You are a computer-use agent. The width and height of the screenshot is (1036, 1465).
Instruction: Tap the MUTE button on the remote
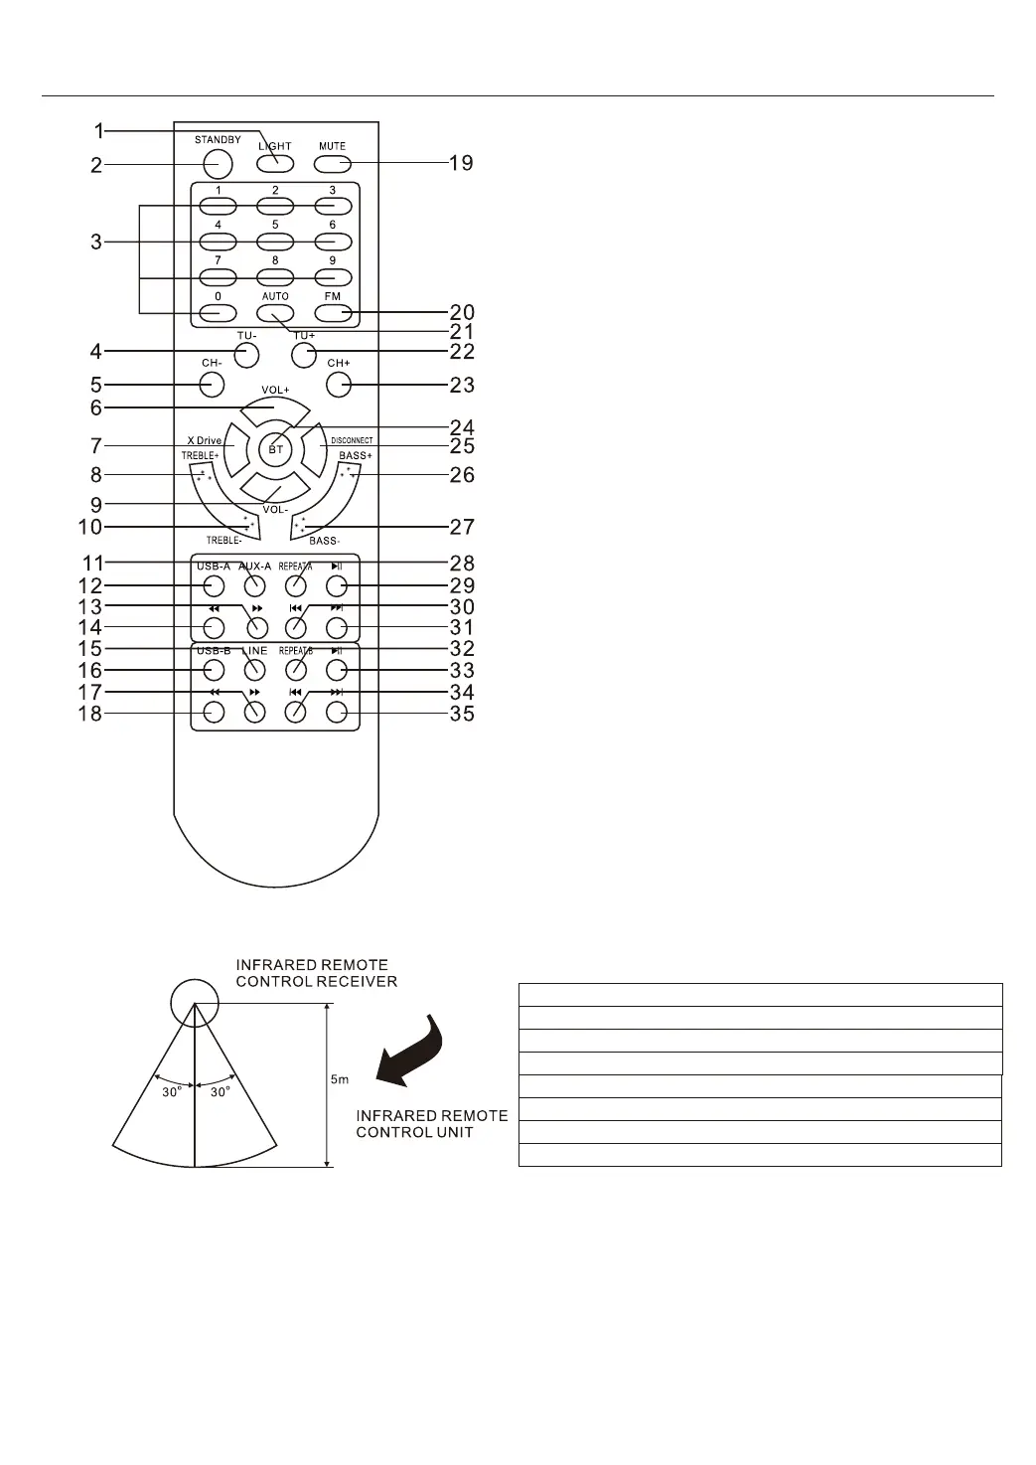click(x=332, y=162)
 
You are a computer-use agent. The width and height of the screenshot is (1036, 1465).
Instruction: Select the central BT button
click(x=276, y=449)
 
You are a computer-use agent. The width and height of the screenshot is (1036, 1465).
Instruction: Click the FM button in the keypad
click(x=333, y=313)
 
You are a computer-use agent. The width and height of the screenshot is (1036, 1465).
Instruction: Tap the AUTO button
click(x=275, y=313)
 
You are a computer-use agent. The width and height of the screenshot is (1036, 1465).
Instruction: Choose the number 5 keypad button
click(x=275, y=242)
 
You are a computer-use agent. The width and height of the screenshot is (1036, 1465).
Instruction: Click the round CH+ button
click(x=339, y=385)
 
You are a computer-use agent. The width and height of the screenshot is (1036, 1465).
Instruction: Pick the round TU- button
click(x=247, y=353)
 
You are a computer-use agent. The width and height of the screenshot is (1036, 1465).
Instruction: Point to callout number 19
click(x=461, y=162)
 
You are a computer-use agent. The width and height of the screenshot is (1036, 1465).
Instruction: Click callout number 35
click(x=462, y=714)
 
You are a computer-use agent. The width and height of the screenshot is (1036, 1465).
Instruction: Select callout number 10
click(x=90, y=527)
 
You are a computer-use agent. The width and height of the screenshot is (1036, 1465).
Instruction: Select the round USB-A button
click(x=213, y=584)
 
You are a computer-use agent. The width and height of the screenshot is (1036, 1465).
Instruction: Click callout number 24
click(x=462, y=429)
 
